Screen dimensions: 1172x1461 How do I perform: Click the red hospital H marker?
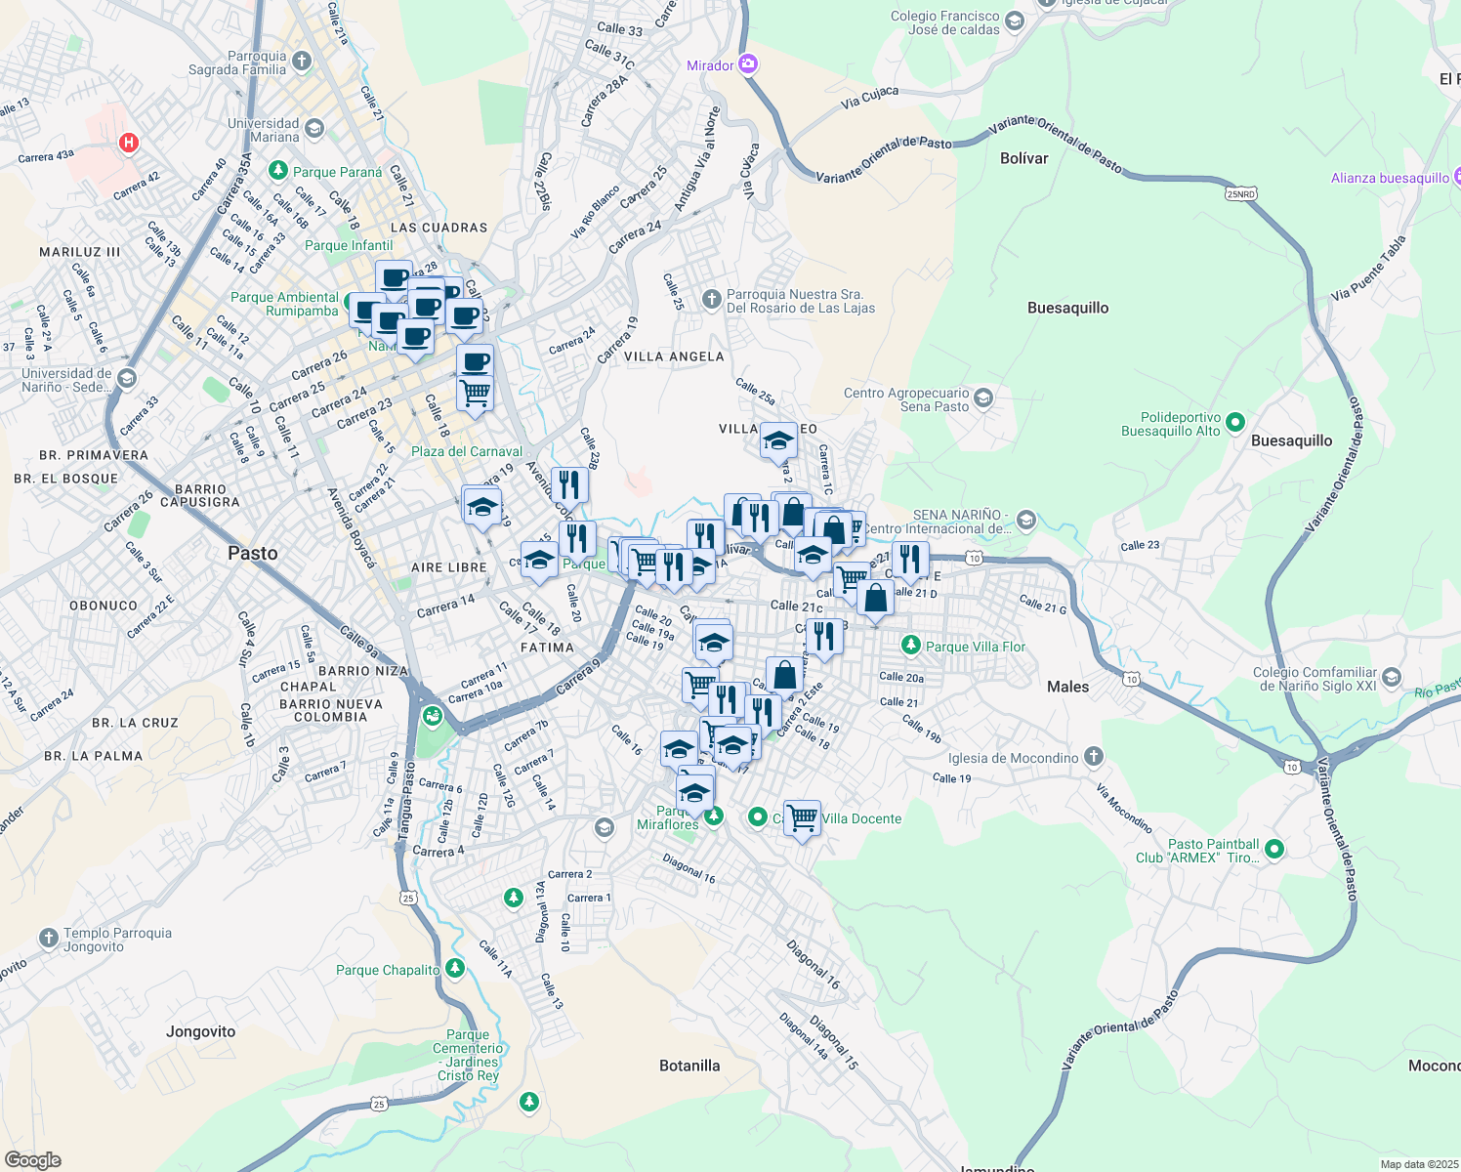pyautogui.click(x=128, y=144)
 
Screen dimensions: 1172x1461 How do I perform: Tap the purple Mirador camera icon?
pyautogui.click(x=748, y=64)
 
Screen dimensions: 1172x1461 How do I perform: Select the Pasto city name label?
pyautogui.click(x=253, y=554)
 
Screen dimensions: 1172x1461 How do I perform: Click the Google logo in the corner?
pyautogui.click(x=33, y=1160)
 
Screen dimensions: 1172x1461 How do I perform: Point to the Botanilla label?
pyautogui.click(x=689, y=1066)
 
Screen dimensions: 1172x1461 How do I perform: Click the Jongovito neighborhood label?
pyautogui.click(x=201, y=1031)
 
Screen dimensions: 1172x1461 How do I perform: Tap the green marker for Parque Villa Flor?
pyautogui.click(x=911, y=646)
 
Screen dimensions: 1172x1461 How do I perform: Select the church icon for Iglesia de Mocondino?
pyautogui.click(x=1094, y=757)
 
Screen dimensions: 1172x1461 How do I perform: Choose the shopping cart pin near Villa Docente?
pyautogui.click(x=802, y=817)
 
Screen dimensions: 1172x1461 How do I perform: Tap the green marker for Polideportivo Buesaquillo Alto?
pyautogui.click(x=1235, y=423)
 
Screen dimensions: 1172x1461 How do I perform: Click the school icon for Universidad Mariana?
pyautogui.click(x=314, y=129)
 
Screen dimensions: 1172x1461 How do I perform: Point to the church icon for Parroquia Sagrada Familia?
pyautogui.click(x=302, y=62)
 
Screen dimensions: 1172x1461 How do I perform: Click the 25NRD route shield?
pyautogui.click(x=1240, y=194)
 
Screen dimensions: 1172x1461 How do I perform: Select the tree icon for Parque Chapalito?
pyautogui.click(x=454, y=969)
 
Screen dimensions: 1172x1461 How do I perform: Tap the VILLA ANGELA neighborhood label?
pyautogui.click(x=674, y=356)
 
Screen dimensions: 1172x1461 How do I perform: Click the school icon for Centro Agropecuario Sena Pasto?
pyautogui.click(x=984, y=398)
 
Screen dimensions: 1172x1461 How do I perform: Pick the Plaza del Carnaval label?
pyautogui.click(x=467, y=451)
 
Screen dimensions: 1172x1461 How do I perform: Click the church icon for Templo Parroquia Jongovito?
pyautogui.click(x=49, y=939)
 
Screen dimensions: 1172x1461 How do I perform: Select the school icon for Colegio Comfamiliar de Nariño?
pyautogui.click(x=1392, y=678)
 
